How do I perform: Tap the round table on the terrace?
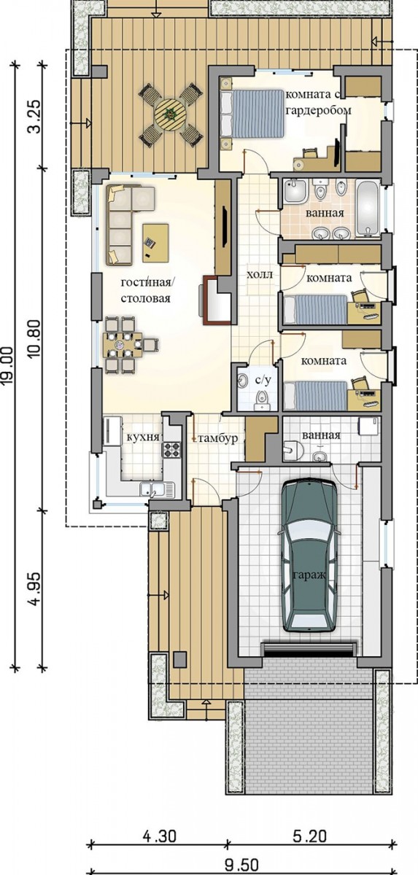pos(171,114)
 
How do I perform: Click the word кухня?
pos(144,437)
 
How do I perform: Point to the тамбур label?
pos(218,439)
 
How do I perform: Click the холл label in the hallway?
pos(260,275)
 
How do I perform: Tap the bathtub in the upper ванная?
pos(368,209)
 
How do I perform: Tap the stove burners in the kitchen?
pos(172,449)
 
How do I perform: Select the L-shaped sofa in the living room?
pos(125,225)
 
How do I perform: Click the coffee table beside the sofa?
pos(155,243)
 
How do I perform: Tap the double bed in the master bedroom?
pos(252,114)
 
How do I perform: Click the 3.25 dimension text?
pos(34,117)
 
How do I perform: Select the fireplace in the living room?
pos(215,300)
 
